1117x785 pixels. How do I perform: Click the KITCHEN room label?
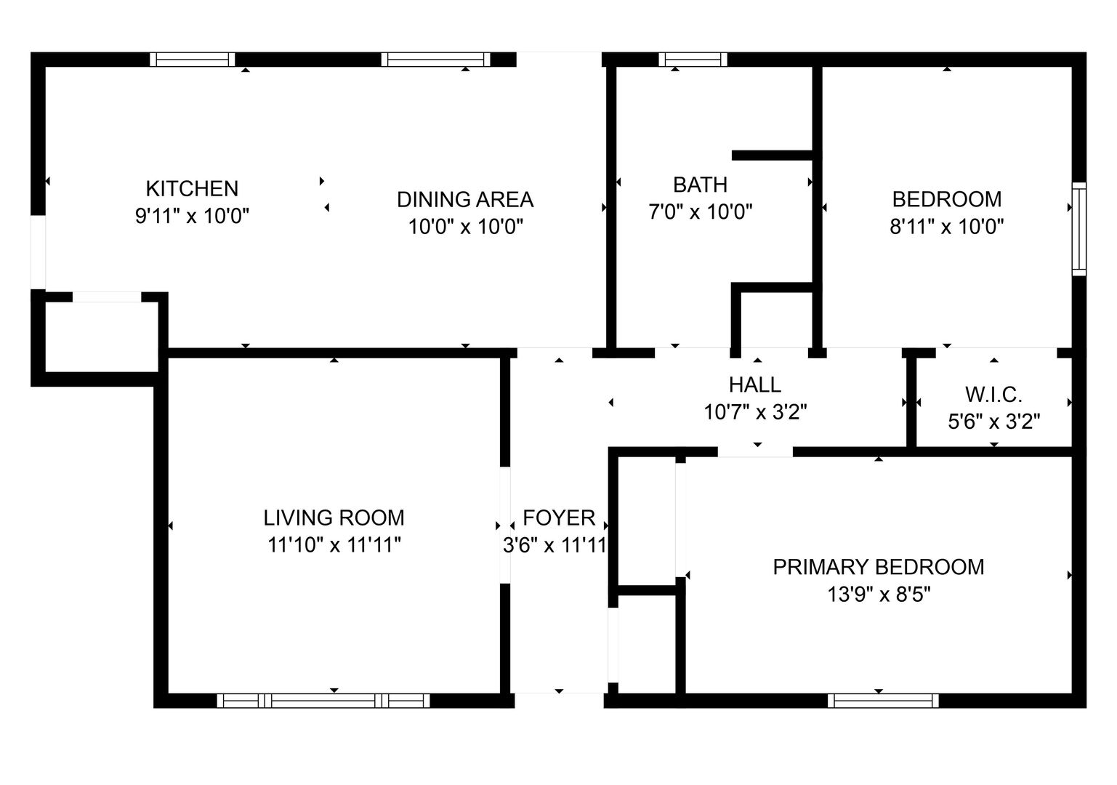click(x=192, y=189)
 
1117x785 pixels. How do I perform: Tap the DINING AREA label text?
click(x=465, y=200)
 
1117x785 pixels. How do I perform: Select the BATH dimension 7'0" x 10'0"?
click(x=700, y=212)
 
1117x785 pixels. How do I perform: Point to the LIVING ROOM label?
click(x=334, y=518)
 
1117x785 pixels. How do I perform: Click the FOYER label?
click(x=559, y=518)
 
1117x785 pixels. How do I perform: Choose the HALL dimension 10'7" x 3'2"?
click(x=755, y=412)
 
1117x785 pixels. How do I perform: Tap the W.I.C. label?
click(x=994, y=395)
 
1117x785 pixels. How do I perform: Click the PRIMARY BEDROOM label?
click(x=879, y=567)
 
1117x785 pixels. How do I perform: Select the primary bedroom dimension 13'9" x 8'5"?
click(x=879, y=595)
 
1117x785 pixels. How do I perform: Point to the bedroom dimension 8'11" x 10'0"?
click(x=946, y=227)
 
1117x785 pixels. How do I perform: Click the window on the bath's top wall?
click(x=693, y=60)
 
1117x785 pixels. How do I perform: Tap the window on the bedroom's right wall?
click(x=1079, y=229)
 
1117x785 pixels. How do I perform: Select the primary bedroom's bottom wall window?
click(x=883, y=701)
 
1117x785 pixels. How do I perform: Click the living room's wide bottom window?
click(x=323, y=701)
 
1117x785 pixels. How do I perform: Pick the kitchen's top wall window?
click(x=193, y=60)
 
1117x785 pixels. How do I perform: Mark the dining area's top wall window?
click(x=436, y=60)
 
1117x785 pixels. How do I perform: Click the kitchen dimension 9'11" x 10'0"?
click(x=192, y=217)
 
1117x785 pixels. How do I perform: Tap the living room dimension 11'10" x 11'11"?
click(x=334, y=545)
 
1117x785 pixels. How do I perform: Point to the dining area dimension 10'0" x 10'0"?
click(x=465, y=228)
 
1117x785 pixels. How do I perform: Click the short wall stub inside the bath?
click(x=773, y=155)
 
